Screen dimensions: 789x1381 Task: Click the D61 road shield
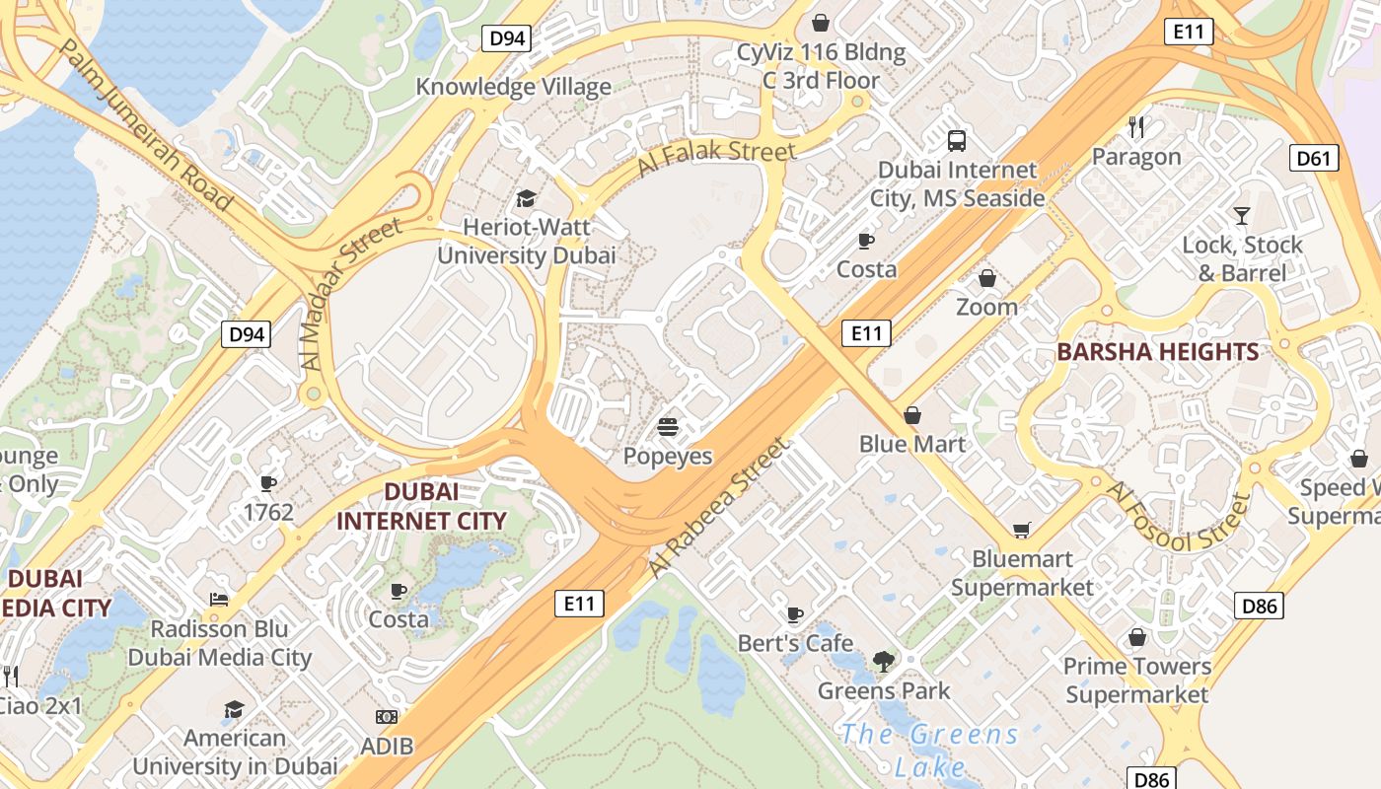coord(1314,157)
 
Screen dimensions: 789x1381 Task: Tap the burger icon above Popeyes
coord(668,428)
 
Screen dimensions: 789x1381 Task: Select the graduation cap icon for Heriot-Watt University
coord(526,198)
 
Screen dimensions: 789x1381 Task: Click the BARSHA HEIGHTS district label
coord(1157,352)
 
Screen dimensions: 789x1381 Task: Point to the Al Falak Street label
coord(715,157)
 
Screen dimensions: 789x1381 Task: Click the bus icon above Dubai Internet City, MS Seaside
coord(956,140)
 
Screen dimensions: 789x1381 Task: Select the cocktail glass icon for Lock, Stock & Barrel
coord(1241,215)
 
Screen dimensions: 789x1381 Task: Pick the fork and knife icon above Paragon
coord(1136,126)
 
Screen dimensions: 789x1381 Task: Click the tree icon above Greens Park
coord(883,662)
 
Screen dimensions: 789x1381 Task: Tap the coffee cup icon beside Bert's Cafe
coord(795,614)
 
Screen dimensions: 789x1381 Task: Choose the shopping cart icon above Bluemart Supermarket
coord(1021,530)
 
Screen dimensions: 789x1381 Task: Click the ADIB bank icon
coord(387,717)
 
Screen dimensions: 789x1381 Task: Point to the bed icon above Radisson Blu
coord(219,599)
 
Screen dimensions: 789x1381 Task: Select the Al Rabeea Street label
coord(720,508)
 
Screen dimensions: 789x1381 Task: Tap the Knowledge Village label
coord(513,87)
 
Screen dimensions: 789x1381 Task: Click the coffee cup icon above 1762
coord(267,482)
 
